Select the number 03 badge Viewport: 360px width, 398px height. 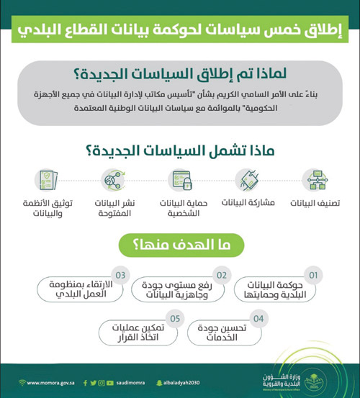[x=122, y=275]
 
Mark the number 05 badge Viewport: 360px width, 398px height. [x=173, y=317]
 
